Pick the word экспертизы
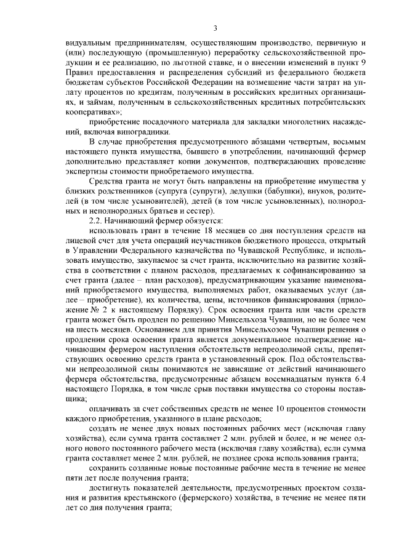tap(87, 171)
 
